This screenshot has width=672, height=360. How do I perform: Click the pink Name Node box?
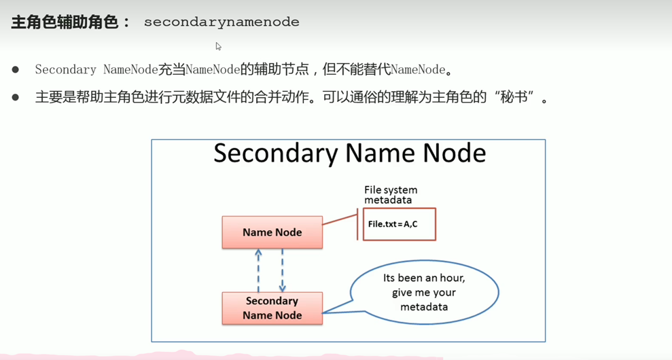click(x=272, y=232)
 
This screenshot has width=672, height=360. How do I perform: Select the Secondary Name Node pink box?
click(x=272, y=308)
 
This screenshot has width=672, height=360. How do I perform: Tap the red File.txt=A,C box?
click(x=399, y=224)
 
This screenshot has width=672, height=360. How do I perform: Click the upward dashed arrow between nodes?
click(x=258, y=270)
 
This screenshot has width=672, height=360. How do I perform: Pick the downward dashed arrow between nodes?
click(x=283, y=270)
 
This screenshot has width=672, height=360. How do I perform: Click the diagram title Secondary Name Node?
click(x=349, y=154)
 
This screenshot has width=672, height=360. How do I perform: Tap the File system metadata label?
click(x=391, y=195)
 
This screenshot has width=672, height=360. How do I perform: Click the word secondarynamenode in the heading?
click(x=222, y=22)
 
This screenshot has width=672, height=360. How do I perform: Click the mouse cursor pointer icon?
click(x=218, y=46)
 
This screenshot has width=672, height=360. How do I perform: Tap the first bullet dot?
click(x=16, y=70)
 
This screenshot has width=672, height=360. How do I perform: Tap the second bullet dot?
click(x=16, y=98)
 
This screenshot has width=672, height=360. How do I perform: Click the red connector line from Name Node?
click(x=340, y=221)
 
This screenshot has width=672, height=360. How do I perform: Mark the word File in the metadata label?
click(x=373, y=190)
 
